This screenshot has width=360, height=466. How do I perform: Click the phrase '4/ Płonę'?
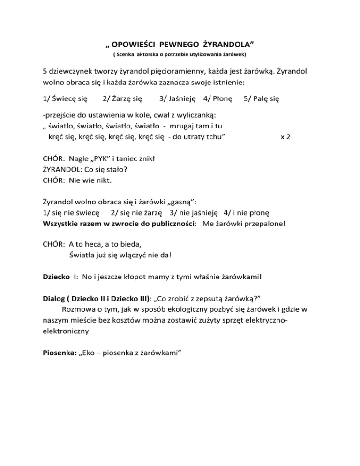(x=217, y=99)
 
